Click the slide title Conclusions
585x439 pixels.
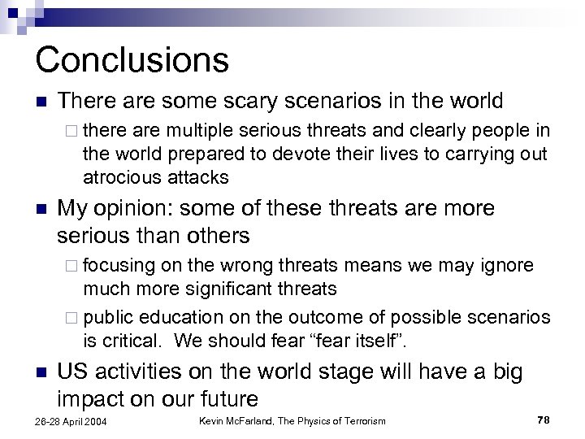pos(132,59)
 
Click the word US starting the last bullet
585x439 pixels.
pos(71,372)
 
